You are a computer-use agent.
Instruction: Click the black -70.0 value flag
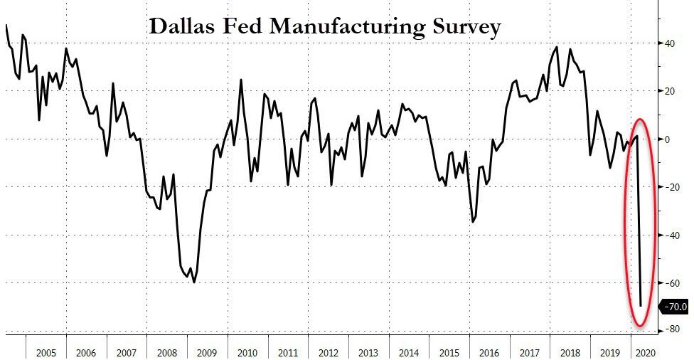[x=674, y=307]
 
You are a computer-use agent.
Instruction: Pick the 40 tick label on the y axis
[x=671, y=43]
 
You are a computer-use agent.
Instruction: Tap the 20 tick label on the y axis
[x=671, y=91]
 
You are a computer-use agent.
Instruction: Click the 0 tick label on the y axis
[x=668, y=139]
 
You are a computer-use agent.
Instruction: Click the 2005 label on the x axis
[x=46, y=352]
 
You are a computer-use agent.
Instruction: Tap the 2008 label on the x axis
[x=167, y=352]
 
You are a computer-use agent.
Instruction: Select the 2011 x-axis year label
[x=288, y=352]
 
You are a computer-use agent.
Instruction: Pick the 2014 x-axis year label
[x=410, y=352]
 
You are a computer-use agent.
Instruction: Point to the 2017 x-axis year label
[x=530, y=352]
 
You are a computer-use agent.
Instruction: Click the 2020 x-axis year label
[x=645, y=352]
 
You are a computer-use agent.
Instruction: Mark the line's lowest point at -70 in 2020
[x=640, y=306]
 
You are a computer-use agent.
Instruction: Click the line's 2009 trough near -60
[x=194, y=282]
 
